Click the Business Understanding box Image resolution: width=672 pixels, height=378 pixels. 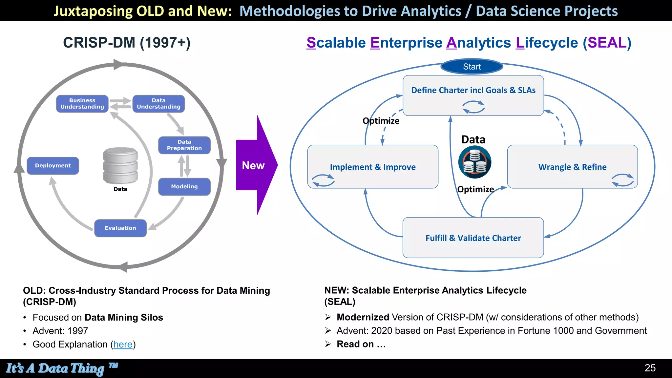pyautogui.click(x=82, y=104)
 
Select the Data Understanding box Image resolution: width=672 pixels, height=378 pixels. pyautogui.click(x=158, y=104)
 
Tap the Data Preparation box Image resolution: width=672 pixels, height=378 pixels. pyautogui.click(x=184, y=145)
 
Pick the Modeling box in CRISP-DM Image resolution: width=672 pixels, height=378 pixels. pyautogui.click(x=184, y=186)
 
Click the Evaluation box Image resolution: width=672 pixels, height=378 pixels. pyautogui.click(x=120, y=228)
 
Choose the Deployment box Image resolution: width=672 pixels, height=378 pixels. pyautogui.click(x=53, y=166)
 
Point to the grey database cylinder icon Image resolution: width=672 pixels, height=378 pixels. pyautogui.click(x=120, y=165)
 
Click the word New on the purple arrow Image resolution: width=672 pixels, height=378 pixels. pyautogui.click(x=253, y=165)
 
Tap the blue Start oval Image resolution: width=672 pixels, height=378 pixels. pyautogui.click(x=472, y=67)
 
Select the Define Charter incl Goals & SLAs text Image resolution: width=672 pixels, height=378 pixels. pyautogui.click(x=473, y=90)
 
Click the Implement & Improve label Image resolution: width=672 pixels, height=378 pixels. pyautogui.click(x=373, y=167)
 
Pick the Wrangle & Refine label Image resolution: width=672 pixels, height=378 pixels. pyautogui.click(x=572, y=167)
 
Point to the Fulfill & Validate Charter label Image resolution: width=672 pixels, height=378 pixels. pyautogui.click(x=473, y=238)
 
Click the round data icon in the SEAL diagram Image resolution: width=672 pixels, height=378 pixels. pyautogui.click(x=474, y=162)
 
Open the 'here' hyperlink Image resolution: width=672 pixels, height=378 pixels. pyautogui.click(x=123, y=344)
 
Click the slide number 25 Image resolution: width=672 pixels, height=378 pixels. pyautogui.click(x=650, y=368)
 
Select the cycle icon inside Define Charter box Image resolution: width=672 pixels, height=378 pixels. pyautogui.click(x=473, y=107)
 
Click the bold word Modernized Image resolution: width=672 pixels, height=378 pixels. pyautogui.click(x=363, y=317)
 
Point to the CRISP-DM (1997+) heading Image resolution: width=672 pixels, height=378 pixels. pyautogui.click(x=127, y=43)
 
